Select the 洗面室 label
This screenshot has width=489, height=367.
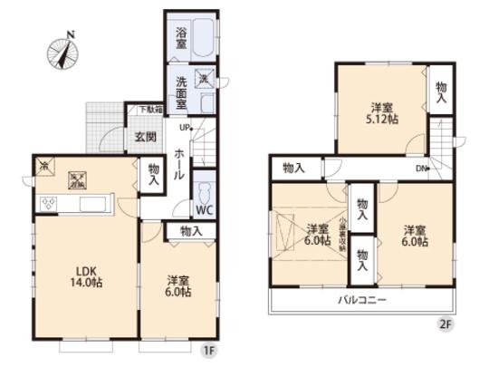(180, 93)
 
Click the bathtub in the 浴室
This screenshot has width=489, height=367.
(204, 39)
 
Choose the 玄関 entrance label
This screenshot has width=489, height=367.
(145, 138)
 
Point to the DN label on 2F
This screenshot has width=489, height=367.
(420, 169)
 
